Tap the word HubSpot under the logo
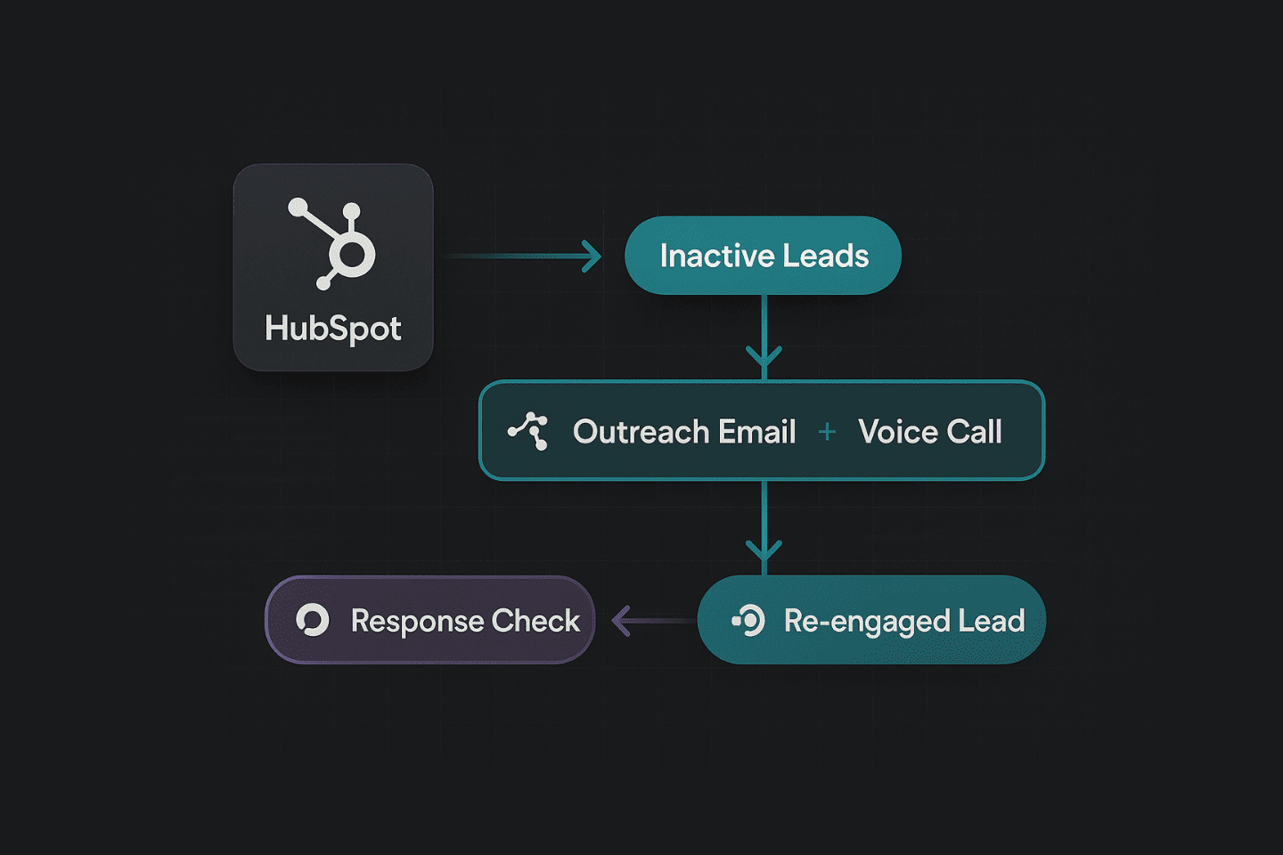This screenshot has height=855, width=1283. click(333, 329)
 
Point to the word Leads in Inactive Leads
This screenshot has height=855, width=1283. click(827, 256)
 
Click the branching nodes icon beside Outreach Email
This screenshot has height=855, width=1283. click(528, 431)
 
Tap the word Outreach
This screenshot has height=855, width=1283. click(641, 432)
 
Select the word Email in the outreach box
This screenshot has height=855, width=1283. click(757, 432)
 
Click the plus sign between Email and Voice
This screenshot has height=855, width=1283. click(827, 432)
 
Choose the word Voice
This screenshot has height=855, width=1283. click(898, 432)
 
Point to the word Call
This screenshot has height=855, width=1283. click(974, 432)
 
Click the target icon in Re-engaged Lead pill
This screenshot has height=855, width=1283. click(748, 620)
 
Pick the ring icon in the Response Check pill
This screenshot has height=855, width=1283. click(313, 620)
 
